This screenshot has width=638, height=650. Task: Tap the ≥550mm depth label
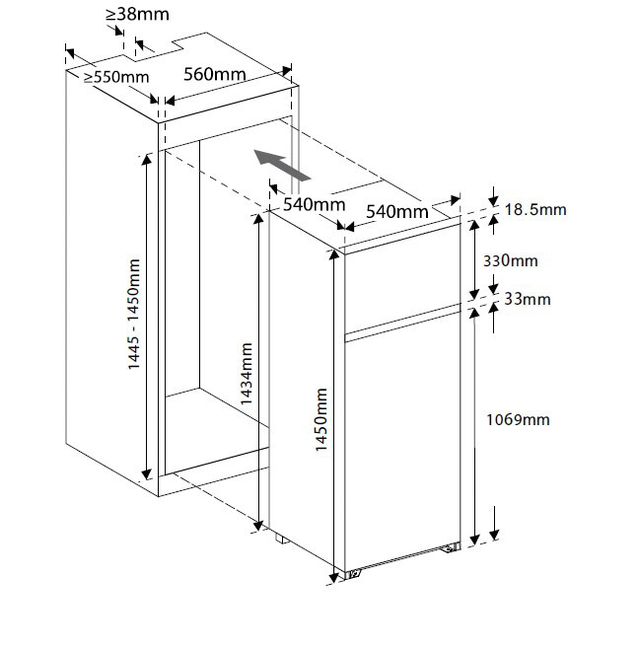[115, 76]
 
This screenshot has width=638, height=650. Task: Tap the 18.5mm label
[535, 210]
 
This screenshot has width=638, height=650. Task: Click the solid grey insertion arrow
[282, 165]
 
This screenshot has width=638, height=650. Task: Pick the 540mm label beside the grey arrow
[314, 205]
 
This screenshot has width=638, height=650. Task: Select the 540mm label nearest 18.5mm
[396, 211]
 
